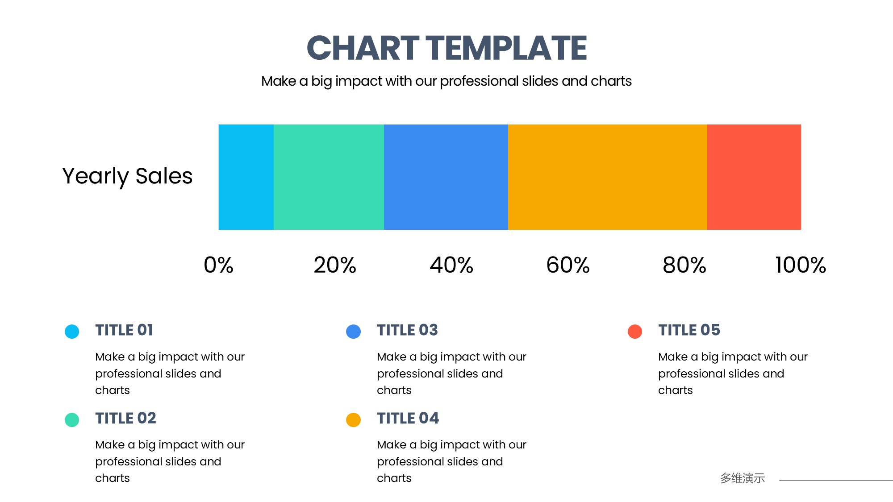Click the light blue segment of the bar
[246, 177]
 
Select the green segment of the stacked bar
[329, 177]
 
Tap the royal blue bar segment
[446, 177]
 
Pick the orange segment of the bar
[608, 177]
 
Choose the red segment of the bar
[754, 177]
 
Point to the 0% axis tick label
[219, 265]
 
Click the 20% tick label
[335, 265]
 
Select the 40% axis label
[451, 265]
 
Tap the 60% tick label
[568, 265]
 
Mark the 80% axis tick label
[684, 265]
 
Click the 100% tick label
[801, 265]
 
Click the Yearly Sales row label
[127, 177]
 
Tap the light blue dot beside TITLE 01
[72, 332]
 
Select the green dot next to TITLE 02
[72, 420]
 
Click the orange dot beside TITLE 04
[353, 420]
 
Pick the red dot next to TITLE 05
[635, 332]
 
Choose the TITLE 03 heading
[407, 330]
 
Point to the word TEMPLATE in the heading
[506, 48]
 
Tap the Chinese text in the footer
[743, 478]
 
